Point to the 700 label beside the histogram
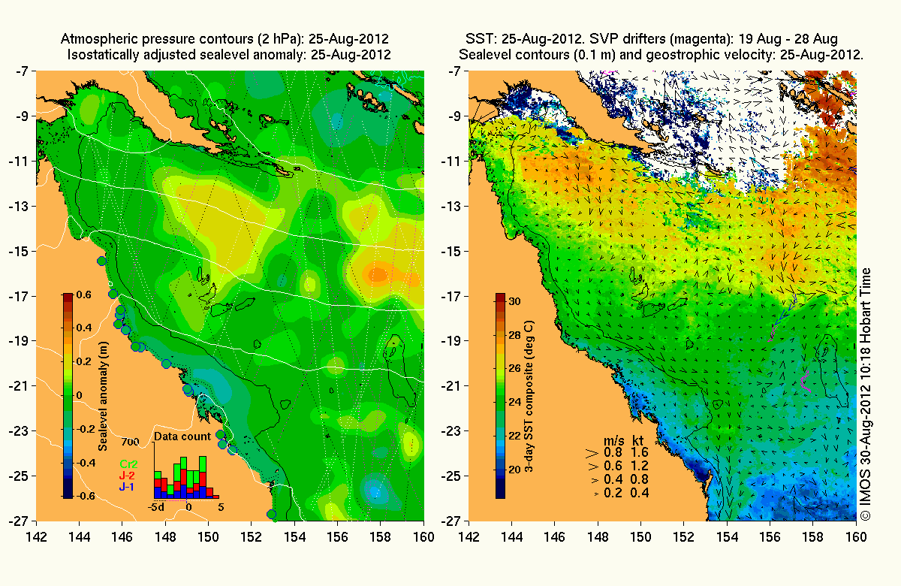point(129,441)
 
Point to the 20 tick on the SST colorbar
point(514,470)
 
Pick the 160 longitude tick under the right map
point(856,536)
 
